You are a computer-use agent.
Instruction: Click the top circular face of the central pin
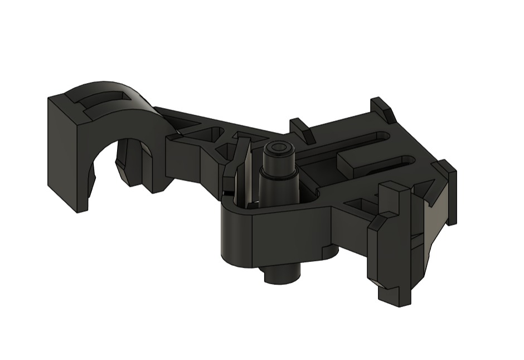278,149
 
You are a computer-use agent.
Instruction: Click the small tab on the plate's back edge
302,129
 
